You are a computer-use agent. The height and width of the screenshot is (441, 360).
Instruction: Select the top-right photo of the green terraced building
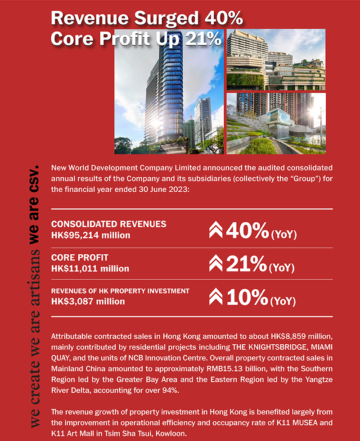(276, 59)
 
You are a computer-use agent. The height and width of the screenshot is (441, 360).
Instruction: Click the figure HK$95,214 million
(91, 235)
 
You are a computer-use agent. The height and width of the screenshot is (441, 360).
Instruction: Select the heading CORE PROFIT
(80, 258)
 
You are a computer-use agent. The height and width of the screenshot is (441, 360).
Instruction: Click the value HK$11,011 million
(90, 269)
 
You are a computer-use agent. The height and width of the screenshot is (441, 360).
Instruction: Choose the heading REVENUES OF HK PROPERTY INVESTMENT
(120, 291)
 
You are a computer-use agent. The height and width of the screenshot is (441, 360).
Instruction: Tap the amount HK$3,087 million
(88, 301)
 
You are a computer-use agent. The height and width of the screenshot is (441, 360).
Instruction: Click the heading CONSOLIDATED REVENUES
(109, 224)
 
